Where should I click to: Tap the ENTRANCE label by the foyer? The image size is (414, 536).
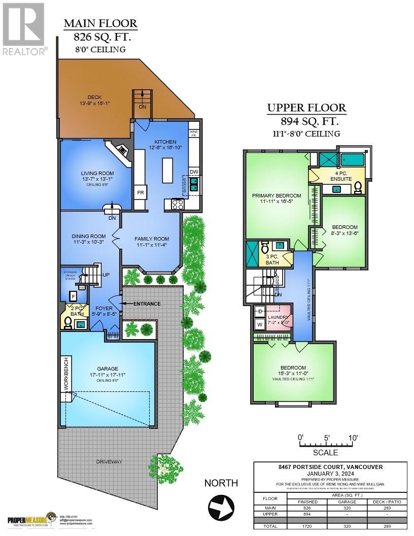point(147,304)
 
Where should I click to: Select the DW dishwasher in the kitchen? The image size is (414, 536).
point(194,172)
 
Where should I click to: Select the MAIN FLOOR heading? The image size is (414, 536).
point(100,23)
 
